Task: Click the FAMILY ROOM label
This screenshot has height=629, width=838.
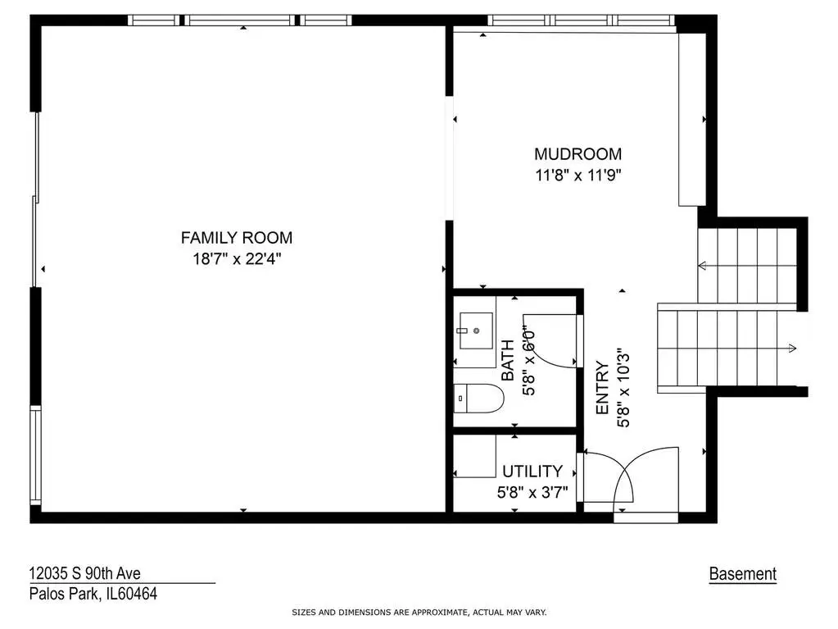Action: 237,238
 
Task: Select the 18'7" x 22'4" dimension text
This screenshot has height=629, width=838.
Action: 237,259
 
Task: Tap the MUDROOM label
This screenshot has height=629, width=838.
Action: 578,154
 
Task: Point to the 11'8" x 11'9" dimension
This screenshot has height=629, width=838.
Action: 578,175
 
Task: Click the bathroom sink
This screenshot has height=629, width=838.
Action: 476,331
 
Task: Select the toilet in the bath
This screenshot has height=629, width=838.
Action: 479,399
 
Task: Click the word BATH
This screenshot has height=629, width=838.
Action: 508,360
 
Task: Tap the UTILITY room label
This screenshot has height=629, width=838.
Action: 532,472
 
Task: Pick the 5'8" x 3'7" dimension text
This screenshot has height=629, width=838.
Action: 532,492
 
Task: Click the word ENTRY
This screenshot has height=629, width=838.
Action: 602,388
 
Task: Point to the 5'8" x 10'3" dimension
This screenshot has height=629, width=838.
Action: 623,390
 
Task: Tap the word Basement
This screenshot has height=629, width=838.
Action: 742,574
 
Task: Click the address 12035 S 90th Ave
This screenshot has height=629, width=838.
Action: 84,573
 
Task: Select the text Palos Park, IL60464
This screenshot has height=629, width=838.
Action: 93,594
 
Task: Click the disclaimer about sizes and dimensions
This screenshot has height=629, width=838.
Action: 419,613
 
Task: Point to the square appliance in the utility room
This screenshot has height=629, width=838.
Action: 474,456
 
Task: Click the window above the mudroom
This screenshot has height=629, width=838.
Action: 581,21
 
